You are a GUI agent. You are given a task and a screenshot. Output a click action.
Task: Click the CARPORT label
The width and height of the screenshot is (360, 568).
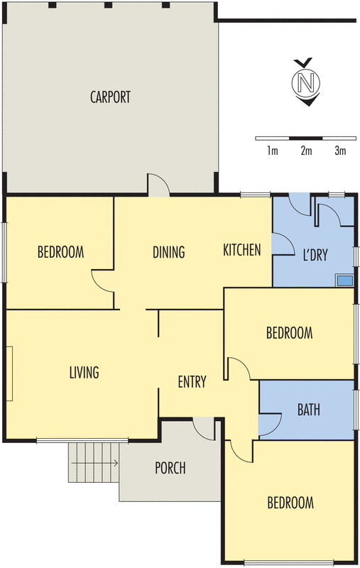[110, 97]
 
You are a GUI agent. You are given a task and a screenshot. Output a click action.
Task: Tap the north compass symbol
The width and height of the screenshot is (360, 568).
[307, 82]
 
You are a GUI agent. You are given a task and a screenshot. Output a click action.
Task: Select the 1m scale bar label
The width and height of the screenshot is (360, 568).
[272, 151]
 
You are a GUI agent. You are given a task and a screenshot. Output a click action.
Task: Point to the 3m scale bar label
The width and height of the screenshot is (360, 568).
[339, 151]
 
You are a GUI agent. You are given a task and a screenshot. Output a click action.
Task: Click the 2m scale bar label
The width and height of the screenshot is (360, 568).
[306, 151]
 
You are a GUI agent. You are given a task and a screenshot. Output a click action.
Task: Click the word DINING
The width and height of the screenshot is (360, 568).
[169, 252]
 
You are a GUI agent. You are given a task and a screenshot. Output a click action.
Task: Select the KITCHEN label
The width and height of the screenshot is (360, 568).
[242, 250]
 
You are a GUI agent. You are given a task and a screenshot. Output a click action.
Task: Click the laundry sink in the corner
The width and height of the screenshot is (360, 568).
[345, 280]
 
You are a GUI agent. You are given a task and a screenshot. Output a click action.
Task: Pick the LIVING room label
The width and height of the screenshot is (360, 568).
[84, 372]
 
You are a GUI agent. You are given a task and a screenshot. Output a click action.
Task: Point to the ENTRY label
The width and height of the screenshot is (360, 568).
[192, 382]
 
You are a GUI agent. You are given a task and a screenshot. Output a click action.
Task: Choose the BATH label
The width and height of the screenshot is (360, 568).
[308, 410]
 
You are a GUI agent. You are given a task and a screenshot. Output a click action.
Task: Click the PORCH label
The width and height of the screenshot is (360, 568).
[170, 469]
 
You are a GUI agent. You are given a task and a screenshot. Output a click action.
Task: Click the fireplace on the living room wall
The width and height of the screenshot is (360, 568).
[10, 373]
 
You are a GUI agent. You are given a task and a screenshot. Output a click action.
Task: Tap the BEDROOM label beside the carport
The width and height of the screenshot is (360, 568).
[60, 252]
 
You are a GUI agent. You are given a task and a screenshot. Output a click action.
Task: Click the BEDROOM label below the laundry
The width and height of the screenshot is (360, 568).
[289, 332]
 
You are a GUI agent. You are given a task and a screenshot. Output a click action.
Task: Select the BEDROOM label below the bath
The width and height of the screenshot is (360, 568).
[290, 503]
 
